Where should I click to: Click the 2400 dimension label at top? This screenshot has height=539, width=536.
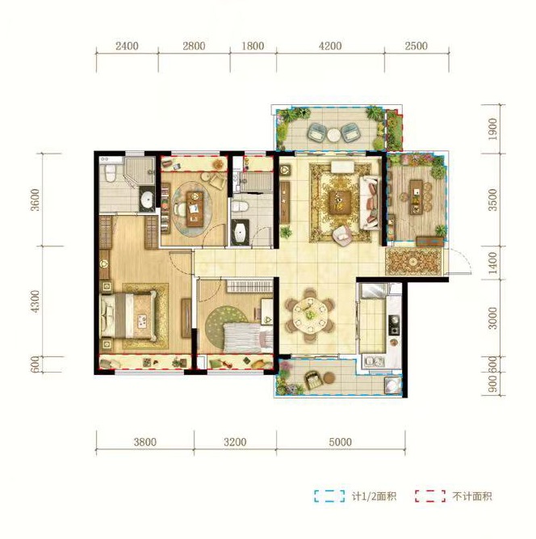[x=127, y=46]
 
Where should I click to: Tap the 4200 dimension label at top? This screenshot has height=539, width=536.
[x=330, y=46]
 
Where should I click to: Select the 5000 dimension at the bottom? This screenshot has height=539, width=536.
[x=340, y=442]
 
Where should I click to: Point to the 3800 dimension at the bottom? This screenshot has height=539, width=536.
[x=145, y=442]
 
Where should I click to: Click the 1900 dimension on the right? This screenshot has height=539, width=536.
[x=492, y=129]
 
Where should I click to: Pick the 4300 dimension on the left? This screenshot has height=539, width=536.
[x=36, y=301]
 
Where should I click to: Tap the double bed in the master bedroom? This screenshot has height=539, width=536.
[x=128, y=315]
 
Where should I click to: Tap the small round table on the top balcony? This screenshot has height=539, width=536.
[x=333, y=135]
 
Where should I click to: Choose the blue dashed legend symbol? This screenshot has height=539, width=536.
[x=329, y=495]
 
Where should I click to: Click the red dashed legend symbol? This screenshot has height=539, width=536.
[x=430, y=495]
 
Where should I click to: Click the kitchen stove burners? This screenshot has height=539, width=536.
[x=393, y=325]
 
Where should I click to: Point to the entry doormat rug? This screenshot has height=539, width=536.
[x=413, y=261]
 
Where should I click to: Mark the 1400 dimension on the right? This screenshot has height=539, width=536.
[x=492, y=263]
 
